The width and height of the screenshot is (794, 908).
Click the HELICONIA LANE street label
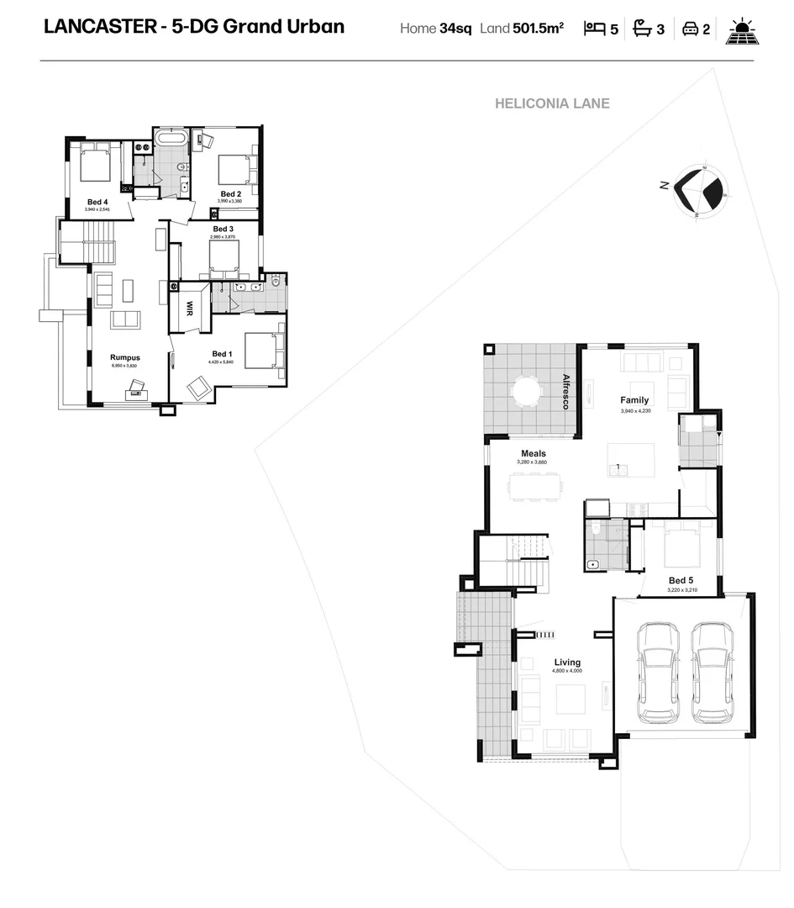tap(552, 103)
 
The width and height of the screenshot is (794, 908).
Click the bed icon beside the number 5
tap(595, 29)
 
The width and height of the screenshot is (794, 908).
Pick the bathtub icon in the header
tap(642, 29)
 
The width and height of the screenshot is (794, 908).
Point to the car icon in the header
tap(689, 29)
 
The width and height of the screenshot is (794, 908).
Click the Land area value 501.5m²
tap(538, 29)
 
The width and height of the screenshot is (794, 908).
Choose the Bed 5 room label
tap(681, 580)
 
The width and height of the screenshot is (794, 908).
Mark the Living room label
tap(566, 663)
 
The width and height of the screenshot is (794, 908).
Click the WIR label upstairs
tap(190, 309)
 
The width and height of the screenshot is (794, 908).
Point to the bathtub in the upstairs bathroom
tap(172, 139)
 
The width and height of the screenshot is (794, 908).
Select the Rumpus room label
tap(124, 357)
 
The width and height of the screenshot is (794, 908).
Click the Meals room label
tap(533, 453)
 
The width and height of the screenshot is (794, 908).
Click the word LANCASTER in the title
tap(95, 26)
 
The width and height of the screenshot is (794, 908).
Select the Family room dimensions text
tap(634, 410)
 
